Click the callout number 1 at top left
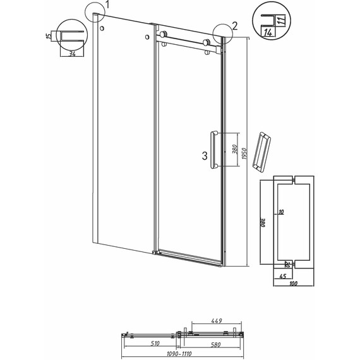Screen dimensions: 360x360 coord(107,5)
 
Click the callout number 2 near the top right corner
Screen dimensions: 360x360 coord(234,27)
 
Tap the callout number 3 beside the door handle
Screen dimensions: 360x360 coord(205,156)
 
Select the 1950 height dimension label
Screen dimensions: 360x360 coord(244,153)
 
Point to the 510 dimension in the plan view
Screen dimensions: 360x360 coord(155,344)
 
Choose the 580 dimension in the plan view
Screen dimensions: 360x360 coord(215,345)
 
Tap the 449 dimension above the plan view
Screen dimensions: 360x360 coord(217,320)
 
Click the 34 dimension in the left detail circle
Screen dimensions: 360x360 coord(72,54)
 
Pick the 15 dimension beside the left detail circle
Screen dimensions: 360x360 coord(49,36)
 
